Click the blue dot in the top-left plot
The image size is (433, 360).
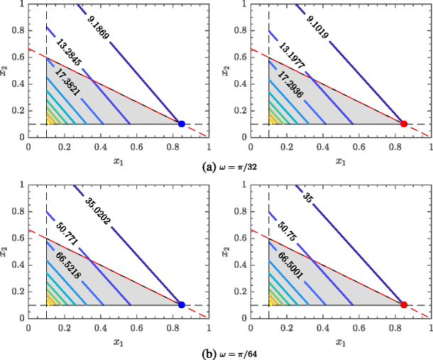tap(182, 124)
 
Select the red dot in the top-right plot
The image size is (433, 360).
tap(404, 124)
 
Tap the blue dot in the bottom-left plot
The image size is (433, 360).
tap(182, 305)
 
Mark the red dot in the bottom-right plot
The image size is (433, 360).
tap(404, 305)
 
